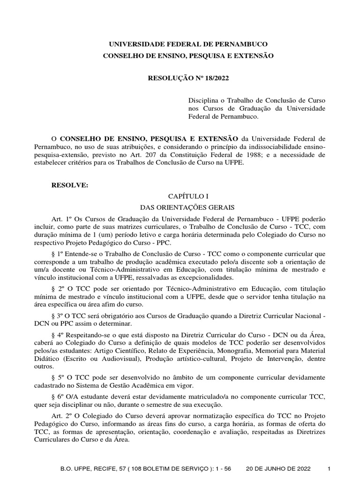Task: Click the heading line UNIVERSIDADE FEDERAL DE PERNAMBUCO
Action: tap(188, 44)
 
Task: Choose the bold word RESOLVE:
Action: tap(69, 185)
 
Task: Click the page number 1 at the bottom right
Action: tap(329, 469)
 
